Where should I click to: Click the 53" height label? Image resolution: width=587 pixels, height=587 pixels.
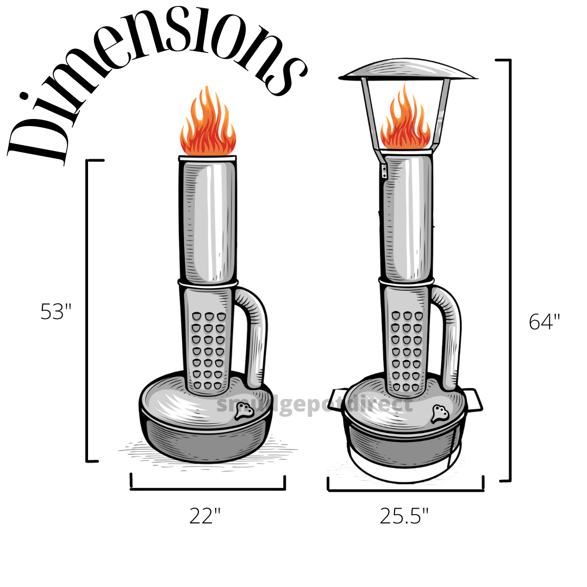pos(56,312)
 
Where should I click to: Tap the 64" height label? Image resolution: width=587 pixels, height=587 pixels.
pos(544,322)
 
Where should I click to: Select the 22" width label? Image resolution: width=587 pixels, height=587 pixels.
pos(205,515)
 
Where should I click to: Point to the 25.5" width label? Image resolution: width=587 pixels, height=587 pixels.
pos(404,516)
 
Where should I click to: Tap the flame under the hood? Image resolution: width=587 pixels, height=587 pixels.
pos(405,122)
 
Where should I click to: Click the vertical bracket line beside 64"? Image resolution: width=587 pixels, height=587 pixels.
pos(510,272)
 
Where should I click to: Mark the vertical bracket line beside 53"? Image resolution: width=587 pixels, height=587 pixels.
pos(88,310)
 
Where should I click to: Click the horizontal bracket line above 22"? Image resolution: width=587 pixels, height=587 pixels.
pos(208,489)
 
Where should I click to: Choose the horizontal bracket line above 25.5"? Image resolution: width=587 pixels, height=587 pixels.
pos(405,490)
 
